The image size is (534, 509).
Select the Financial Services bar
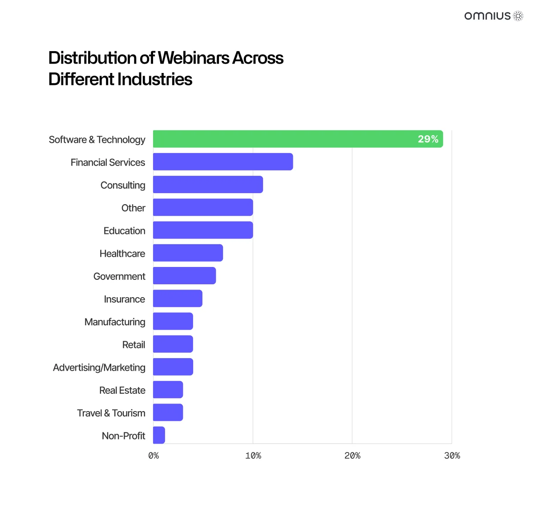point(222,162)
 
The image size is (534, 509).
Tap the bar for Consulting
point(208,185)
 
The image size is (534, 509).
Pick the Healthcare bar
point(188,253)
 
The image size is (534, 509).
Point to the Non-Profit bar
point(159,435)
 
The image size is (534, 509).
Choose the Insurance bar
point(178,299)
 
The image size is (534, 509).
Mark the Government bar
point(184,276)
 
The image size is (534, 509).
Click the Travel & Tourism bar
point(168,412)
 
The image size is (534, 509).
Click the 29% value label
point(428,139)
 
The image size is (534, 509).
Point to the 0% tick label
point(154,456)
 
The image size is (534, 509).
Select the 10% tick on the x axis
point(253,456)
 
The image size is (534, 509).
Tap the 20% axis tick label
point(352,456)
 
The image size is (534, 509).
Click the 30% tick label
point(452,456)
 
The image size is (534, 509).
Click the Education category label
point(124,231)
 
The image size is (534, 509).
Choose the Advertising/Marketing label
point(99,368)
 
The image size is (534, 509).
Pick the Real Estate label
point(122,390)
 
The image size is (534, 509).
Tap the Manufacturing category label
point(115,322)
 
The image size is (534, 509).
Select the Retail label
point(133,345)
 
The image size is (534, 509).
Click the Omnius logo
point(494,16)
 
